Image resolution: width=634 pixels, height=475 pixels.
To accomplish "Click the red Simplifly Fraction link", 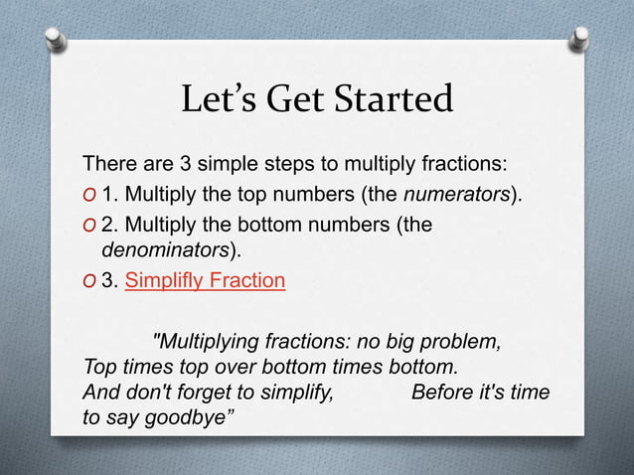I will pos(205,280).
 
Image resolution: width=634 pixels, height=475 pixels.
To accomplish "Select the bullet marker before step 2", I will pos(89,226).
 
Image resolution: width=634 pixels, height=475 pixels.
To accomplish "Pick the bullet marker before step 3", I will pos(89,281).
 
